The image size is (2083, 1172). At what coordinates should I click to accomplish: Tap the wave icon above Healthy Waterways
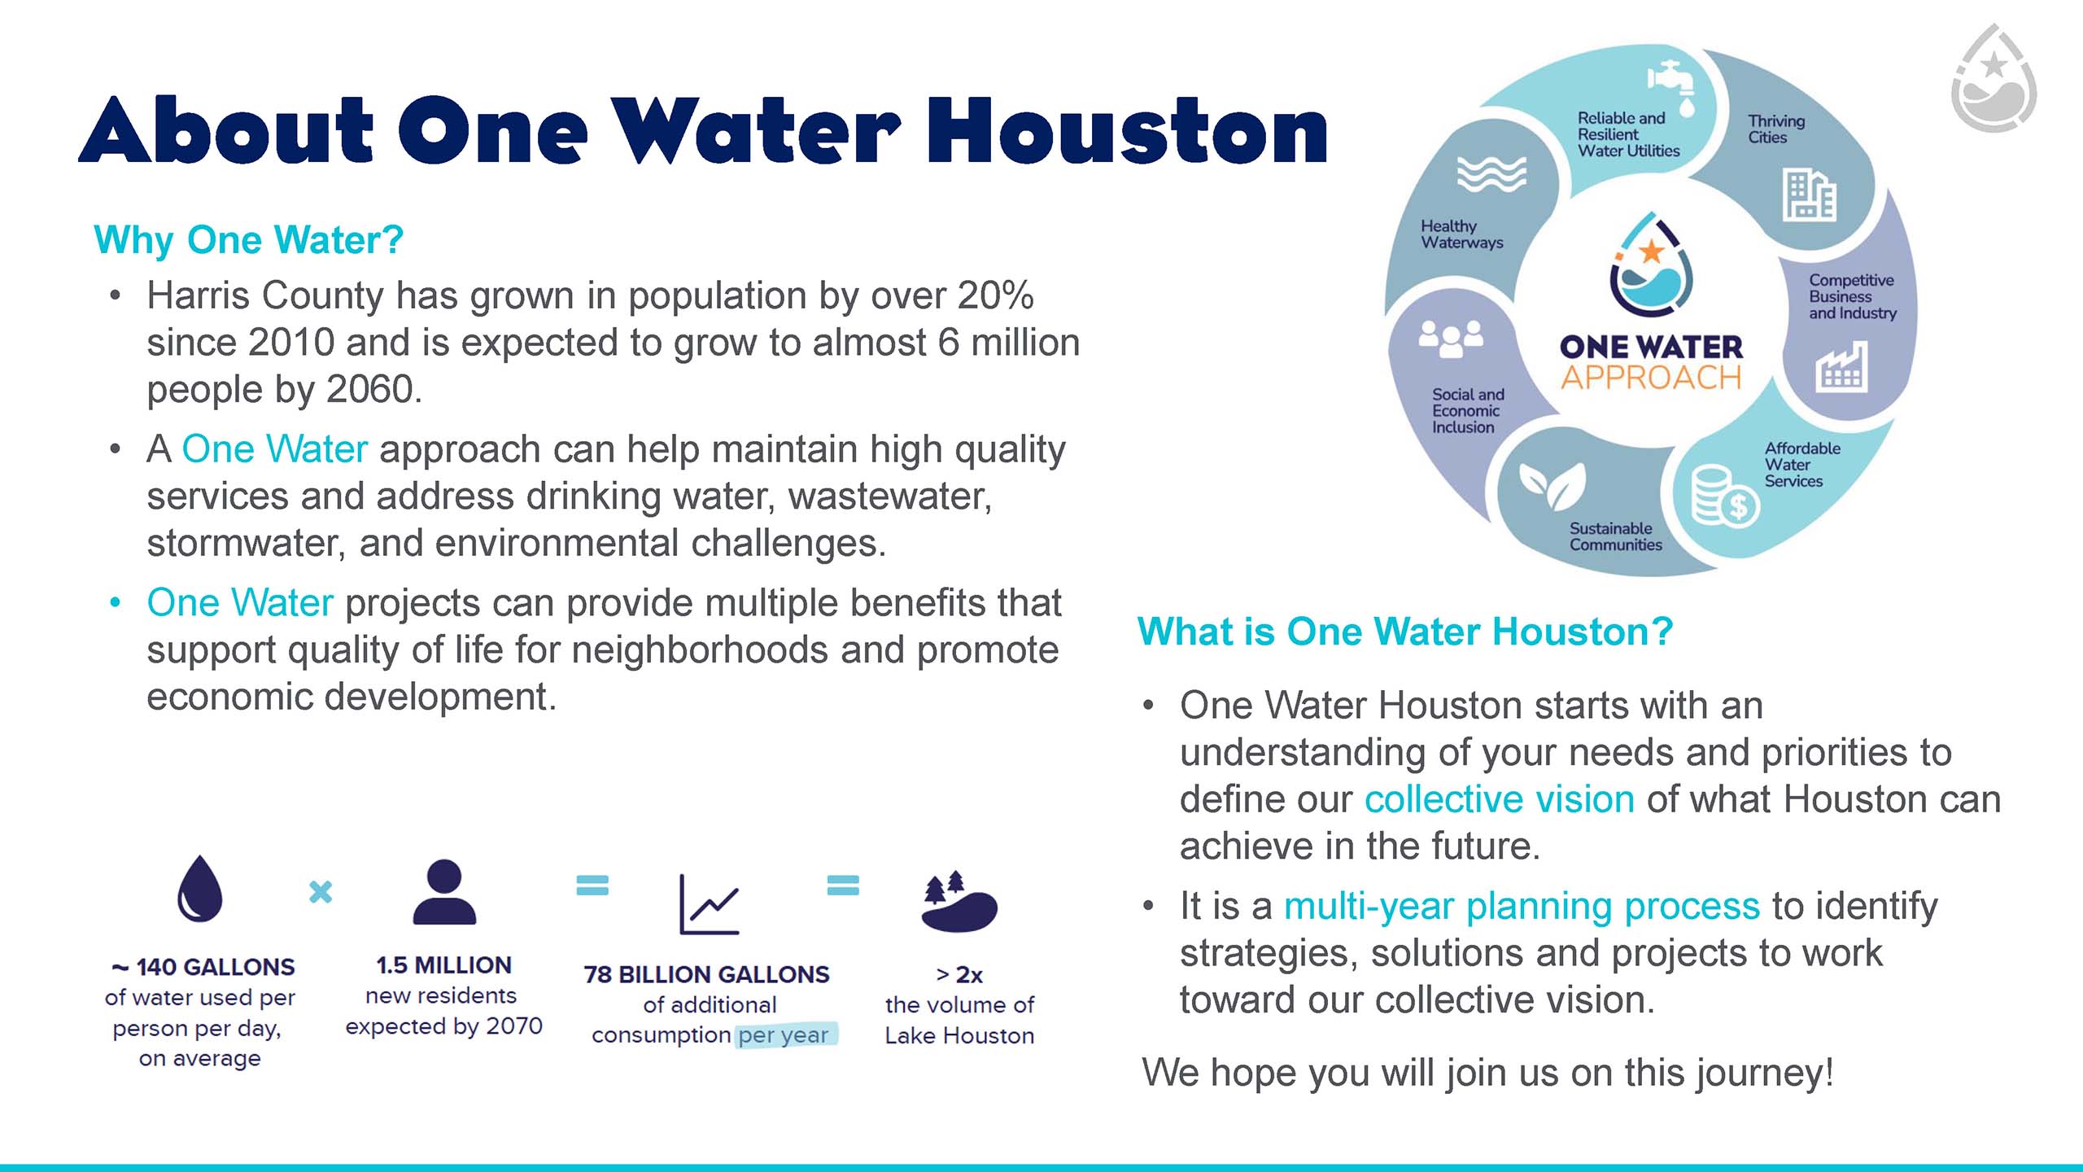tap(1491, 173)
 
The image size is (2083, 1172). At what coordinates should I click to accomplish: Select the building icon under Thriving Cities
tap(1810, 195)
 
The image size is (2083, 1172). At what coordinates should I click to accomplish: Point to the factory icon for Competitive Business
tap(1841, 367)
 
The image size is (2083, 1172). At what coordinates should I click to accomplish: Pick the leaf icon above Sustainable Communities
tap(1553, 484)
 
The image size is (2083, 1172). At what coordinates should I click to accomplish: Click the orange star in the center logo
tap(1652, 251)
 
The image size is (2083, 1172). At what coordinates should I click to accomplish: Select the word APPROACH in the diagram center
tap(1651, 378)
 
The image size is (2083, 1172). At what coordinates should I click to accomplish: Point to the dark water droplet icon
tap(199, 888)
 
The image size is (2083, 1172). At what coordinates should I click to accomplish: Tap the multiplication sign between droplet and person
tap(321, 892)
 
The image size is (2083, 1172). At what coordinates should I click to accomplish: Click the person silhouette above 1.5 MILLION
tap(444, 892)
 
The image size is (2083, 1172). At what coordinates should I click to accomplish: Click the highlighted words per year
tap(784, 1035)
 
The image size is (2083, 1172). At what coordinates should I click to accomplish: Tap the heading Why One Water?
tap(249, 240)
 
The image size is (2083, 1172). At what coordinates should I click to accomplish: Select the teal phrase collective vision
tap(1500, 799)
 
